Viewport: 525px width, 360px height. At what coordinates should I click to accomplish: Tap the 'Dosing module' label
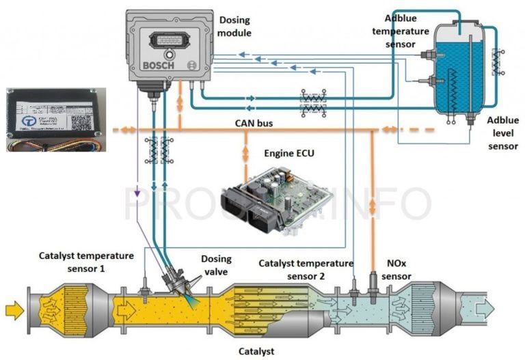(234, 27)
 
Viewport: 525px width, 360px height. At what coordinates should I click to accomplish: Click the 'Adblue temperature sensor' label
(407, 31)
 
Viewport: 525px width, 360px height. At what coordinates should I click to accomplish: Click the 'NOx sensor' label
(396, 270)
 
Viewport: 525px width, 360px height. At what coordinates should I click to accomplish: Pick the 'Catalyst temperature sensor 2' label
(306, 269)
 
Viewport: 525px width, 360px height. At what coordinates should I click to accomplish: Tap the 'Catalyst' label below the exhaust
(256, 351)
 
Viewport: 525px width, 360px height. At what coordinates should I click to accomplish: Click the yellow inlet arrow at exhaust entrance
(14, 311)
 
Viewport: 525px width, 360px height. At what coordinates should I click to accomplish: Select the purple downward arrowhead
(137, 194)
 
